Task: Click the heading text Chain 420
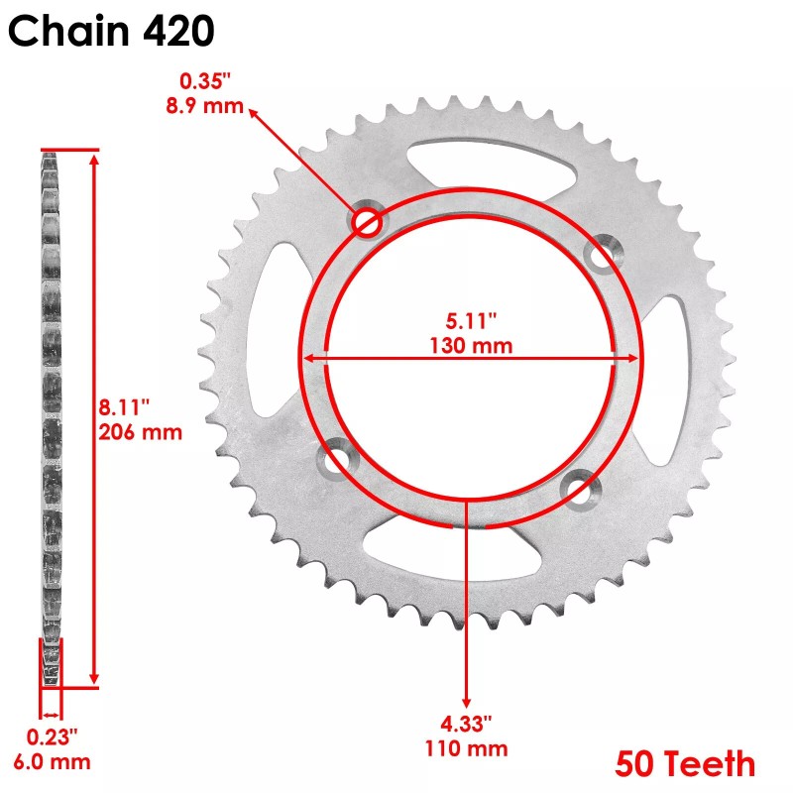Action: (x=110, y=31)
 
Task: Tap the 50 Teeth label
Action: (x=685, y=764)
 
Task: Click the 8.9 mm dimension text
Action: (x=204, y=105)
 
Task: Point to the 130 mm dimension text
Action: (x=471, y=345)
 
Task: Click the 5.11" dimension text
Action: (x=471, y=321)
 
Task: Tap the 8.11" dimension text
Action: (x=126, y=407)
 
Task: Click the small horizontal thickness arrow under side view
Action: (x=51, y=713)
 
